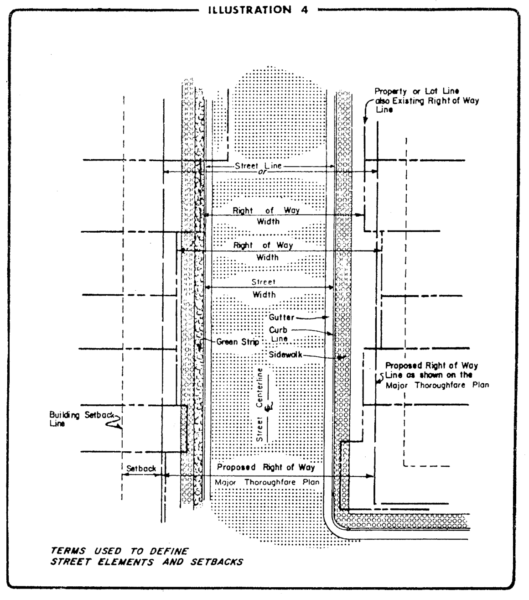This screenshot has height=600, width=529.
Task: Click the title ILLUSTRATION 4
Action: point(258,10)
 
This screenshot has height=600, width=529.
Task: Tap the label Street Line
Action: point(259,166)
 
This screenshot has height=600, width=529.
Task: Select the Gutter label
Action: point(281,317)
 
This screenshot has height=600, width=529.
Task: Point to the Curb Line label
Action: point(278,334)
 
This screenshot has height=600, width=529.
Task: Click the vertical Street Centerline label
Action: point(260,404)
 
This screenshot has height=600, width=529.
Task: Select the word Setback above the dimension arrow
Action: point(141,468)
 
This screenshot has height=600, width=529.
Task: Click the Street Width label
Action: point(264,288)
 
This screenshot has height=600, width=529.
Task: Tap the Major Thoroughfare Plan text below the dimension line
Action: point(267,482)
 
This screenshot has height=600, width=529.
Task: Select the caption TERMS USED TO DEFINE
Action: point(119,551)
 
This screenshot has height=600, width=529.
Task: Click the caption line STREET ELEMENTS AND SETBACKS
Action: point(146,562)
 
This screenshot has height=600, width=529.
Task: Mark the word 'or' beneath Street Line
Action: point(262,172)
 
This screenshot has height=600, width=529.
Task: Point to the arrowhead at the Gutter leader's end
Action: point(325,317)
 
